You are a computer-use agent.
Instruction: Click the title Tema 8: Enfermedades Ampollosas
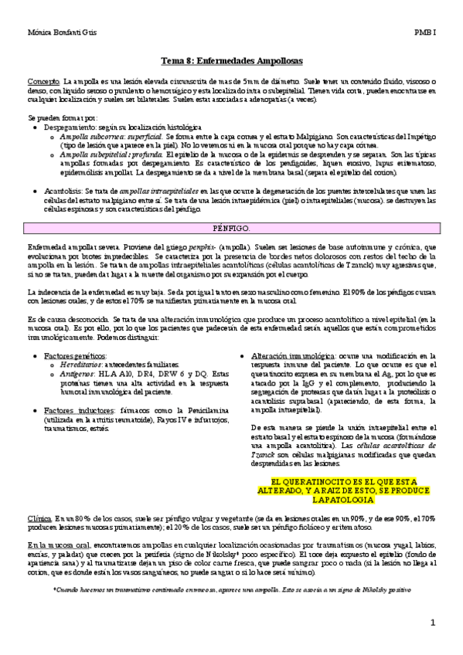(x=231, y=60)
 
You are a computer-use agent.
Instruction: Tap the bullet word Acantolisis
(x=62, y=189)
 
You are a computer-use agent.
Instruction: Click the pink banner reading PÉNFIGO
(x=231, y=230)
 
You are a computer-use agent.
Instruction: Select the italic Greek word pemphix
(x=191, y=246)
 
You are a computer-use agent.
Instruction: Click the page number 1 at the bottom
(x=434, y=623)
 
